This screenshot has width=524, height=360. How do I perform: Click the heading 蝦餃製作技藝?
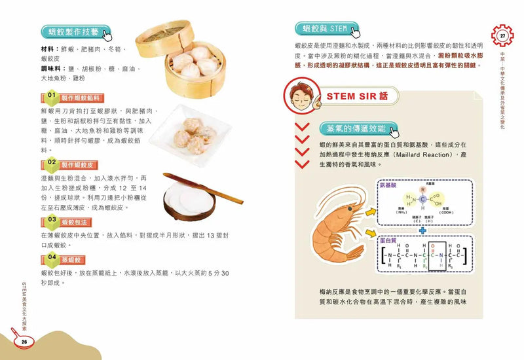(x=69, y=31)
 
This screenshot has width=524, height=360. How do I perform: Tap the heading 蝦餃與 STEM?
(x=321, y=29)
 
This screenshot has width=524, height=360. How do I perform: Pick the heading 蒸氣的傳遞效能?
(x=351, y=128)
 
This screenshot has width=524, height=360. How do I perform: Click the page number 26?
(x=24, y=340)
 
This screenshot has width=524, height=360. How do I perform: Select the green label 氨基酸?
(x=388, y=186)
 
